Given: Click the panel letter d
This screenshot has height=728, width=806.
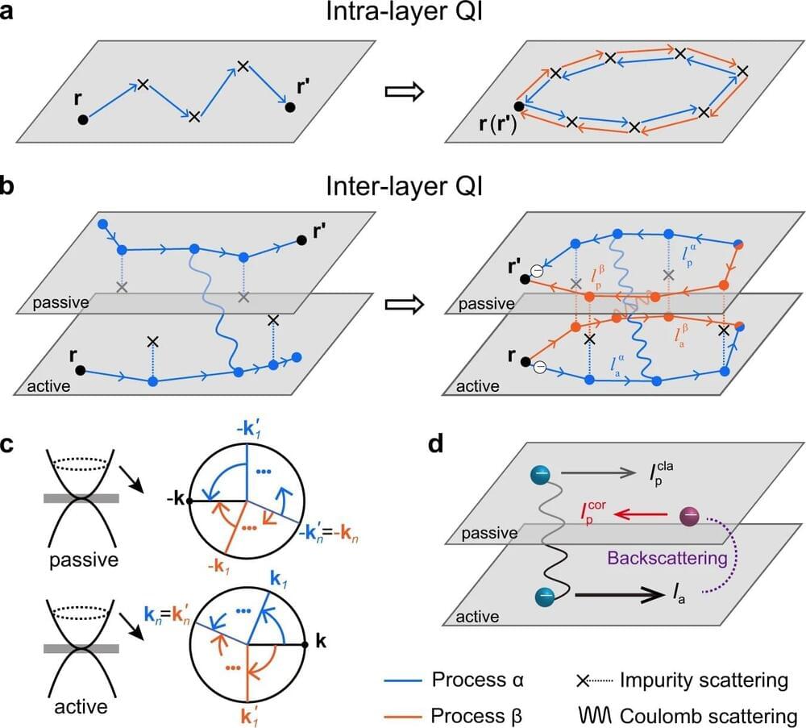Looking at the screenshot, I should (x=436, y=445).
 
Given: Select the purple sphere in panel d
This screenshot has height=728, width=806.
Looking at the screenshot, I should (x=692, y=516).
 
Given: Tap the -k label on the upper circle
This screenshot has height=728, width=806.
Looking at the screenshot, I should (x=172, y=501).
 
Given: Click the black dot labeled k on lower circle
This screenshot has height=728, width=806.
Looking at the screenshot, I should (x=305, y=645).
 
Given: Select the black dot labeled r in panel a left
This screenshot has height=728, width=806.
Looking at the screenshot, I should (x=83, y=119).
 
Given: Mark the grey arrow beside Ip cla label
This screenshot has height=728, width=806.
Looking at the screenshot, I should (x=592, y=475).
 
